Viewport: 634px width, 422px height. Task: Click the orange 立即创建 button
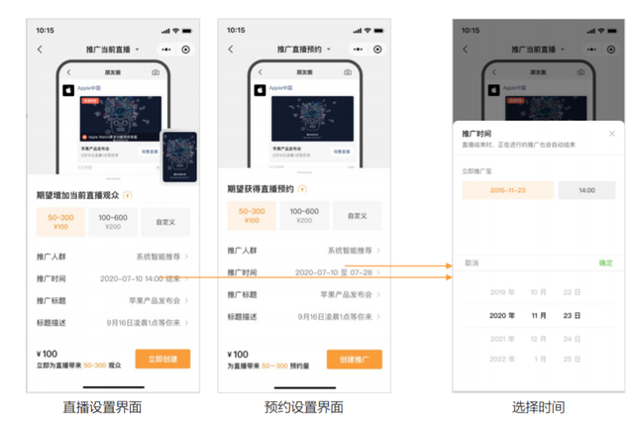(x=162, y=359)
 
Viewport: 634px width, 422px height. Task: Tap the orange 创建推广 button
(x=354, y=359)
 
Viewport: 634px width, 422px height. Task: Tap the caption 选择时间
(x=539, y=407)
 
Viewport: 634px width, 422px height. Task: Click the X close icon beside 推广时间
(x=612, y=133)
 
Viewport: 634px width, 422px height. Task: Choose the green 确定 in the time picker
(x=605, y=264)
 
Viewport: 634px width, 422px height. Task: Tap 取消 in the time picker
(x=472, y=264)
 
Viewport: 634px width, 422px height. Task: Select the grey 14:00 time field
(x=586, y=190)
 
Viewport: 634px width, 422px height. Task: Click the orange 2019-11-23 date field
(x=507, y=190)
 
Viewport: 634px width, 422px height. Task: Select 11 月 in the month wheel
(x=538, y=315)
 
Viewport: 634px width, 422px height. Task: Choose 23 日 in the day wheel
(x=573, y=315)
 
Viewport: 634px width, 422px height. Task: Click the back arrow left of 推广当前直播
(x=40, y=50)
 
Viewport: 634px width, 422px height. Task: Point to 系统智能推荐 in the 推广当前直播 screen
(x=158, y=256)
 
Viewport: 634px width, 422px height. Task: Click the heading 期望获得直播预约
(x=261, y=188)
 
